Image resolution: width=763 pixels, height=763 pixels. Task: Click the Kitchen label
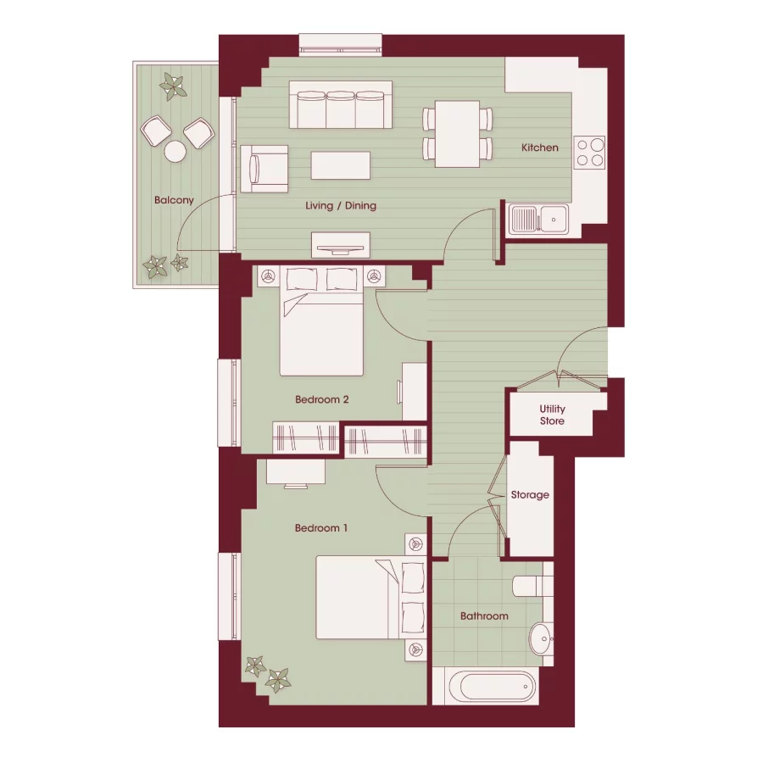(540, 148)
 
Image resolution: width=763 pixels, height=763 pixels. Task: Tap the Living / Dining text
(341, 206)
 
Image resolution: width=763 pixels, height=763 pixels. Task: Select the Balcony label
(174, 201)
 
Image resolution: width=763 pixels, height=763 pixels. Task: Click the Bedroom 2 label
(322, 400)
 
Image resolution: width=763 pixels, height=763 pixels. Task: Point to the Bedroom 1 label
(321, 528)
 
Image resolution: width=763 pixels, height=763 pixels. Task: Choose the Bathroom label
(484, 616)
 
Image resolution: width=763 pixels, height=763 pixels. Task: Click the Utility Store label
(552, 415)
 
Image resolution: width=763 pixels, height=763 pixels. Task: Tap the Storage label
(530, 495)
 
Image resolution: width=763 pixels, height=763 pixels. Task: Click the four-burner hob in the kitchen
(590, 151)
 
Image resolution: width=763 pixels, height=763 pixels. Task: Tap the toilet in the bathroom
(534, 586)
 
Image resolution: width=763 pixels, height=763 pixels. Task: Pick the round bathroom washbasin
(540, 638)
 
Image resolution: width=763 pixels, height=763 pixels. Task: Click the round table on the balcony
(175, 151)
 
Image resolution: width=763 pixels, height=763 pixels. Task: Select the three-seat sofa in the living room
(341, 105)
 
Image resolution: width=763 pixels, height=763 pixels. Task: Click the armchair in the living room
(264, 168)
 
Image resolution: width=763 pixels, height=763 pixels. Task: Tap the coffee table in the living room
(341, 164)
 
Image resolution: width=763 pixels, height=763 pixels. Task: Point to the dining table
(458, 133)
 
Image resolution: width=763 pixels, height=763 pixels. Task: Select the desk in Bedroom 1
(296, 472)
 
